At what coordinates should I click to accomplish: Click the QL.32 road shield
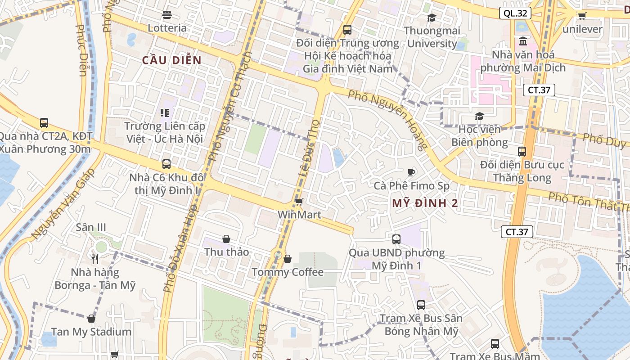click(515, 13)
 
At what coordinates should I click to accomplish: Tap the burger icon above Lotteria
click(167, 15)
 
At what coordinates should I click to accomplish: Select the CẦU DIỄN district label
click(171, 60)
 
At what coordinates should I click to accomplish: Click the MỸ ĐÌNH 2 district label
click(425, 203)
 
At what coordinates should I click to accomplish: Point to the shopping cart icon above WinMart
click(299, 202)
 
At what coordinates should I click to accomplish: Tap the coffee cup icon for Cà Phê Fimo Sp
click(411, 172)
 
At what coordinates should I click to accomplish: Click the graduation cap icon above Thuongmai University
click(432, 18)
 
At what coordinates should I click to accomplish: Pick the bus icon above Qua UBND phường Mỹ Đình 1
click(396, 239)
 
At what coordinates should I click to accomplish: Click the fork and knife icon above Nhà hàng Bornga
click(94, 259)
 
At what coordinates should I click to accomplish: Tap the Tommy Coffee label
click(288, 272)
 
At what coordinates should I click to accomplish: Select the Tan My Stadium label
click(91, 332)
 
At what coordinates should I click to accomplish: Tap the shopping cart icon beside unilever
click(582, 16)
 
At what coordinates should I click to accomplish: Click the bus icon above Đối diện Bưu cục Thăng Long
click(522, 152)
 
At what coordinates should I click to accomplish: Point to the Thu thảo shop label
click(226, 252)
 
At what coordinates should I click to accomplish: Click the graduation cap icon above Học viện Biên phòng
click(479, 117)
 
